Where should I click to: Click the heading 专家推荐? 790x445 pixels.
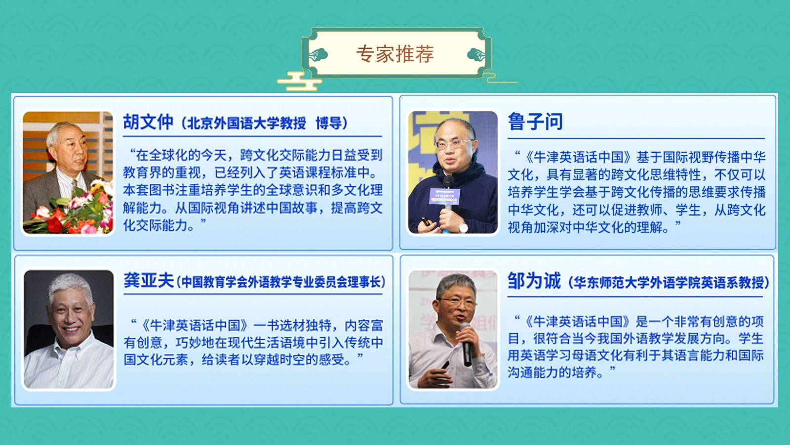tap(395, 54)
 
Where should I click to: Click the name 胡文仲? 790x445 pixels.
tap(148, 122)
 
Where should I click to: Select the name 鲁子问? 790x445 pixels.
tap(535, 122)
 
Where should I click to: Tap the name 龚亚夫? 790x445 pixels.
tap(149, 281)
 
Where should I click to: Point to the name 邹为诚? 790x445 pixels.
tap(534, 281)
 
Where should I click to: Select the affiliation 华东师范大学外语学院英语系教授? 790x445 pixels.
tap(669, 282)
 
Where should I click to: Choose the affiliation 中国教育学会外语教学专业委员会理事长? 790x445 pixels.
tap(281, 282)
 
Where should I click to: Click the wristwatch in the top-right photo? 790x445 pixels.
tap(463, 227)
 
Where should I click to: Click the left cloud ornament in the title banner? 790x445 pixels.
tap(318, 55)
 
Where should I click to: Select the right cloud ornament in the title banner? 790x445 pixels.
tap(476, 55)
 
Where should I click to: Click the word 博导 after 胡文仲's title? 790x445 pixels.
tap(328, 123)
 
